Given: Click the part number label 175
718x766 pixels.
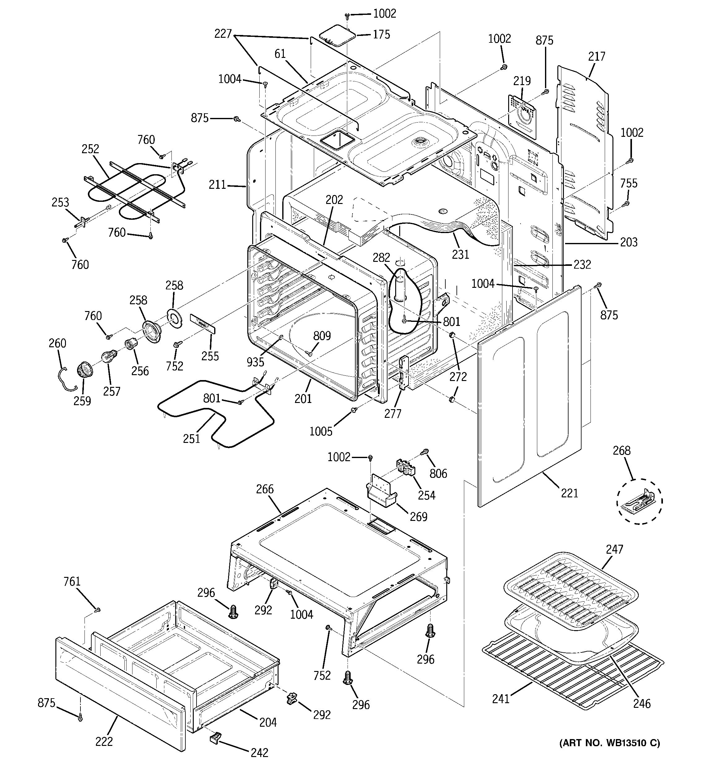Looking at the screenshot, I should coord(381,35).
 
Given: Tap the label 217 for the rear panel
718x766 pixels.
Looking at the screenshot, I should coord(597,57).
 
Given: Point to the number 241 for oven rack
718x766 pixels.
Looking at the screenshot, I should coord(501,699).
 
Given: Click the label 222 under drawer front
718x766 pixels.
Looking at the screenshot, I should coord(104,741).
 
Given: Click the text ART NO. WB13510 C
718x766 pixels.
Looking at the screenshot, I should coord(609,743).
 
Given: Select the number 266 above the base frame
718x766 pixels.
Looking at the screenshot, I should coord(265,489).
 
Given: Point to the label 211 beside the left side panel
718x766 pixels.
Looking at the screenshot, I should coord(217,185).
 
